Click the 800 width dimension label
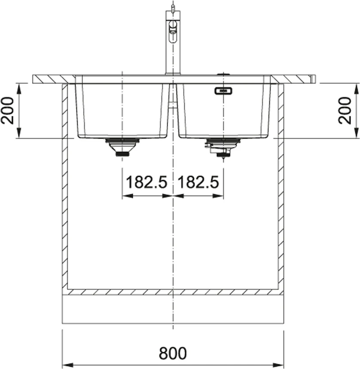point(173,353)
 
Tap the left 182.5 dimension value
point(146,182)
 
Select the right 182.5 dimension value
point(198,182)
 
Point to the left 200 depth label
point(7,110)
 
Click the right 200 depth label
point(345,110)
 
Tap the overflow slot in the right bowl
point(223,91)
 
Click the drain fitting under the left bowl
point(122,147)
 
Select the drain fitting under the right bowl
point(223,148)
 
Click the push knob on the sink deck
point(223,74)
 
